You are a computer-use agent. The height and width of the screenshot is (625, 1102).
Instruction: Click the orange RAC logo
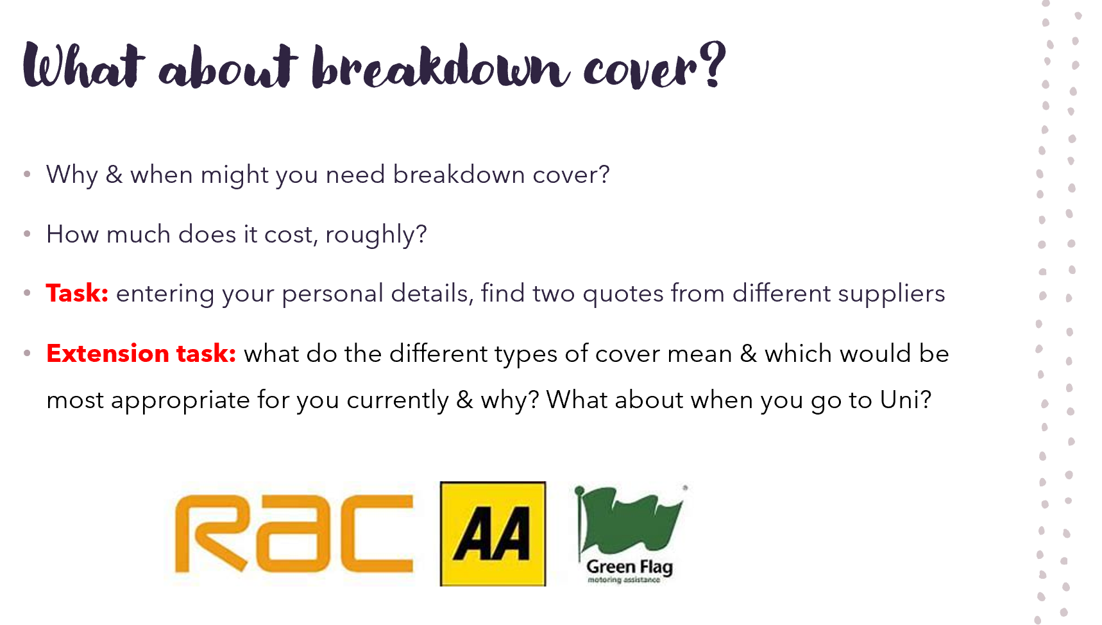294,533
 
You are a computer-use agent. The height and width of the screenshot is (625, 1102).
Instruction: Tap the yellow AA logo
493,534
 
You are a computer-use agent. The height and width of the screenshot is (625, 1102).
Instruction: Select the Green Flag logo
629,535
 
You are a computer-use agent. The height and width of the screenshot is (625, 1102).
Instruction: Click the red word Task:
77,293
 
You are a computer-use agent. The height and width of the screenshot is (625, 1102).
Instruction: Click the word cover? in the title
655,67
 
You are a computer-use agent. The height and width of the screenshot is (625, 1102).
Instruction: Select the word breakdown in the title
440,67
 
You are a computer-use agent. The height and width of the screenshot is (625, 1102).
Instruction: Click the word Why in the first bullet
72,175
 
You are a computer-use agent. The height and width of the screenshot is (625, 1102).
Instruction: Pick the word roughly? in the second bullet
376,235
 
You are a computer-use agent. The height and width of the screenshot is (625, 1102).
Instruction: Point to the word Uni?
905,400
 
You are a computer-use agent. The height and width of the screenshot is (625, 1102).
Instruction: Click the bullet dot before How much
27,234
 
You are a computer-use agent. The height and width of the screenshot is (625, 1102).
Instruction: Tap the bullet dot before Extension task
27,353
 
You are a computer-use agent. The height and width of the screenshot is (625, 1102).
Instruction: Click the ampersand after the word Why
114,175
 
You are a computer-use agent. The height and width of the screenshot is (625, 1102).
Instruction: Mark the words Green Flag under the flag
629,567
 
